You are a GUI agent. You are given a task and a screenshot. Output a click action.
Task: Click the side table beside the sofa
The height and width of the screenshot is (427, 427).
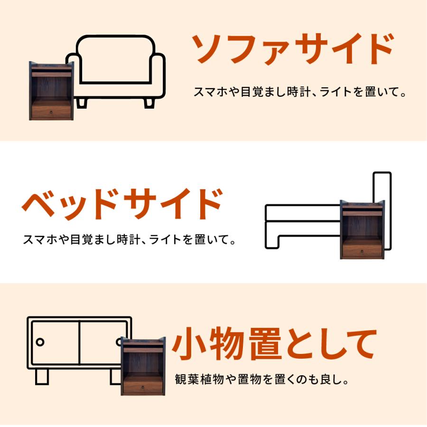click(x=51, y=91)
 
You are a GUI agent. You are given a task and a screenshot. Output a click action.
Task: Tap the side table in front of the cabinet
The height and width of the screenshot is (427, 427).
click(x=143, y=366)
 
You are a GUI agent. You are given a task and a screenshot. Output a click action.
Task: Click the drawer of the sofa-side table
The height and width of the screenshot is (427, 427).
click(x=51, y=112)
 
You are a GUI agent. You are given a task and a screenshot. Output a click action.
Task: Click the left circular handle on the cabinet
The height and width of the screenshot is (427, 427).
click(x=40, y=342)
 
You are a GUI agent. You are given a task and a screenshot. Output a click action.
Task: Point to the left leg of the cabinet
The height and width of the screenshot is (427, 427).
click(x=42, y=376)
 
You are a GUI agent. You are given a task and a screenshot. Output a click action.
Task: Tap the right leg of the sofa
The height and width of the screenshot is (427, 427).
click(x=149, y=102)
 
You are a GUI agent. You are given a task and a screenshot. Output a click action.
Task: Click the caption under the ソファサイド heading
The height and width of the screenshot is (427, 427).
click(x=300, y=92)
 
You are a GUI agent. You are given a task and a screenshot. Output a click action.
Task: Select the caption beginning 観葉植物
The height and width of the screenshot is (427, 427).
click(x=262, y=380)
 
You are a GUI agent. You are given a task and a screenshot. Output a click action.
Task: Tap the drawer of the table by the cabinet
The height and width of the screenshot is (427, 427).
click(x=143, y=387)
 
